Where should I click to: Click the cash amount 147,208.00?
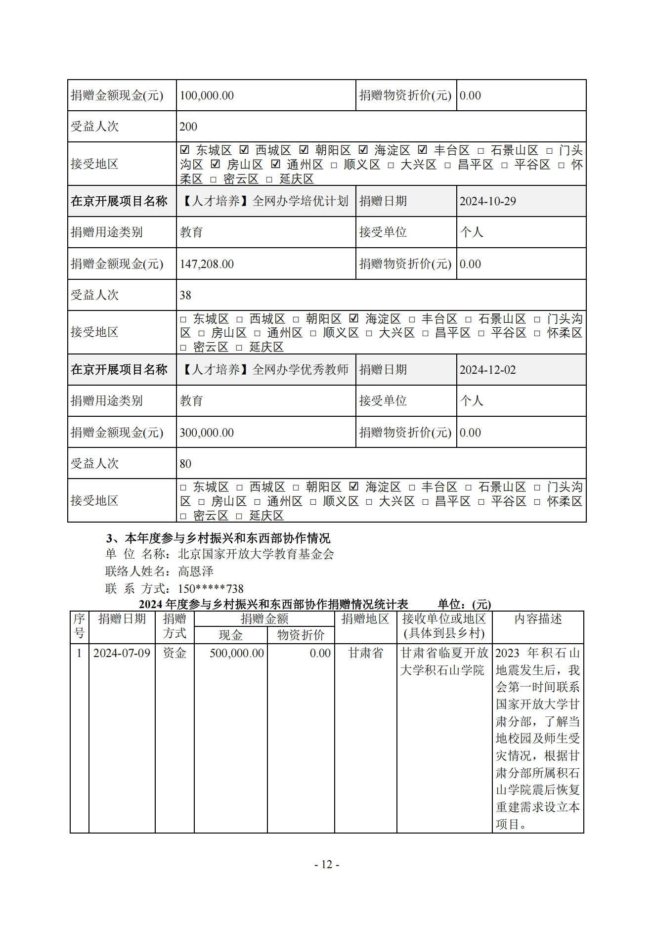point(207,264)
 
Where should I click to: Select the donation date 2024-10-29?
point(487,201)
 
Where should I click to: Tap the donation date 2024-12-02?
point(487,370)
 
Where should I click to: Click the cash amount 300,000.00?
point(207,433)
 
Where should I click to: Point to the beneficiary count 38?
point(185,295)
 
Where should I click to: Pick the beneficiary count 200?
point(188,127)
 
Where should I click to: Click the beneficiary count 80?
point(185,464)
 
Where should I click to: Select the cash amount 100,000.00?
point(207,95)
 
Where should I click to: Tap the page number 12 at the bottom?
point(327,864)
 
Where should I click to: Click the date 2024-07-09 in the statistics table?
point(122,653)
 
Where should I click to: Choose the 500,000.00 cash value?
point(236,653)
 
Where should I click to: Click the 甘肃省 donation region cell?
point(365,653)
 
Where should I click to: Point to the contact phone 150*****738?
point(211,589)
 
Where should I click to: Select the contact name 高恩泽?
point(196,572)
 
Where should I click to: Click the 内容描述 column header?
point(538,619)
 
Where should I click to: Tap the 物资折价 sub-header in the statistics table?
point(301,635)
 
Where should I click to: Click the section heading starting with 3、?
point(218,538)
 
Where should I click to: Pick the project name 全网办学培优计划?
point(300,201)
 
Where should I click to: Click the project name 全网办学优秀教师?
point(300,370)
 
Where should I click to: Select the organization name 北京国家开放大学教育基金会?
point(256,554)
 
